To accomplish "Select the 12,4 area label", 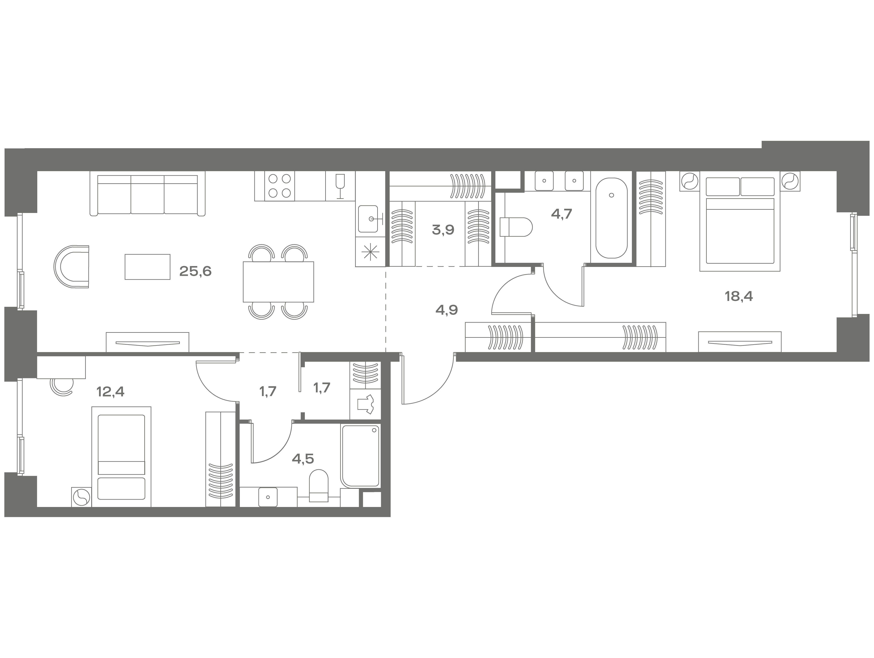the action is (x=111, y=392).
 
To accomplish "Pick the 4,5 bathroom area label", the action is (x=303, y=459).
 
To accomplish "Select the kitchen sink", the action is (x=370, y=219).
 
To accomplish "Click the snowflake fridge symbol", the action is (x=370, y=252).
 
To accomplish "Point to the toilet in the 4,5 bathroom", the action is (x=318, y=486).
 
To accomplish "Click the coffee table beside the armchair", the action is (x=147, y=267).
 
